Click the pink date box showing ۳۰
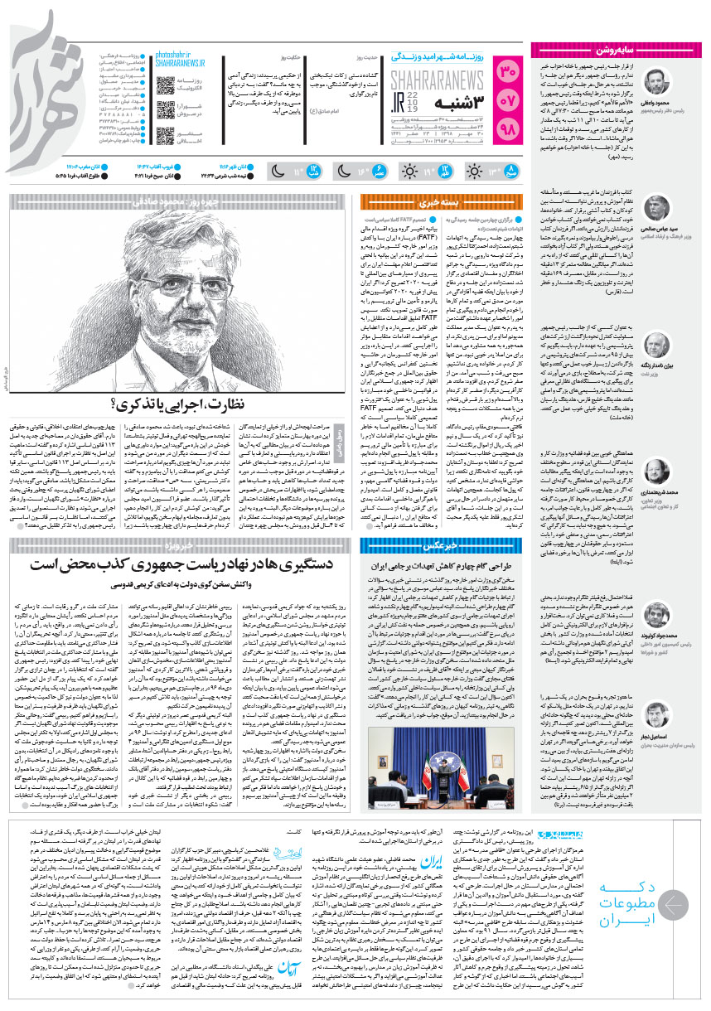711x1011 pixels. pyautogui.click(x=509, y=72)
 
